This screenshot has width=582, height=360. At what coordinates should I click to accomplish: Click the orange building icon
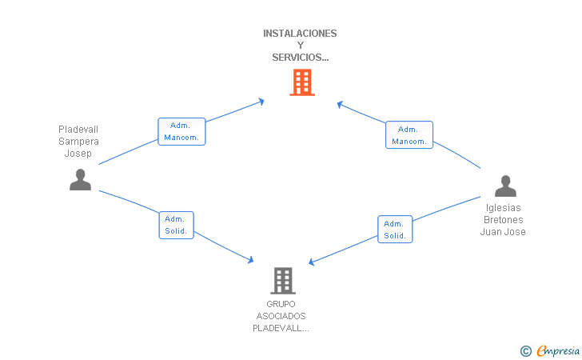point(302,82)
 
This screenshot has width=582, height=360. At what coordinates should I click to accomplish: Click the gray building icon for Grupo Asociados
point(283,281)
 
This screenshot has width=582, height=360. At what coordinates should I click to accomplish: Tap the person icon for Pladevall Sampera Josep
point(80,180)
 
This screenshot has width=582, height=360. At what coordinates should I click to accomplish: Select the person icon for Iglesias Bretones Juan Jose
point(505,186)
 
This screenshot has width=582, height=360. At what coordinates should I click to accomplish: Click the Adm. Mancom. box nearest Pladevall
point(181,131)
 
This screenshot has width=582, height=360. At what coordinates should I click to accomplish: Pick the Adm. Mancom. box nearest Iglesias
point(409,135)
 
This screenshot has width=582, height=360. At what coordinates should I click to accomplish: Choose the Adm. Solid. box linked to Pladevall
point(177,225)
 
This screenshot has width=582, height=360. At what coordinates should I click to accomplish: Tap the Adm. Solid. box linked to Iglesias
point(395,230)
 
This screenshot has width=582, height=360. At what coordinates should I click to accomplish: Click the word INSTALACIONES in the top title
point(300,34)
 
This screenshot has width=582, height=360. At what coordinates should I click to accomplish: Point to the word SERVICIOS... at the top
point(301,58)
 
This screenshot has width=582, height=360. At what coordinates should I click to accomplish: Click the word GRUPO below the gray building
point(281,304)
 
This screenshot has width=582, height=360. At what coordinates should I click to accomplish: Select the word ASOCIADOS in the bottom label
point(281,316)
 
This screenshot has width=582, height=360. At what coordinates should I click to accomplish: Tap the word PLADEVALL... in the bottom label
point(281,329)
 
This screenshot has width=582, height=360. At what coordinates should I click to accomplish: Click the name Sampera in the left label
point(78,142)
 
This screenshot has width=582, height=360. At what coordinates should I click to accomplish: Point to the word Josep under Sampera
point(78,154)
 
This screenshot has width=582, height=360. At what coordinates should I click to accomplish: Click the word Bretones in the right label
point(504,220)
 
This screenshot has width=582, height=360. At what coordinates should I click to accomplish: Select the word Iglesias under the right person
point(504,208)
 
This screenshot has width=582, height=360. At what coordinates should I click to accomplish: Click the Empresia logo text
point(558,350)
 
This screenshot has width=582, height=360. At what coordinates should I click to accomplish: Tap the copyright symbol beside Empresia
point(526,351)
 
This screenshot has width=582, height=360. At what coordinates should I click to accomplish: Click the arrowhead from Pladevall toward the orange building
point(261,102)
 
